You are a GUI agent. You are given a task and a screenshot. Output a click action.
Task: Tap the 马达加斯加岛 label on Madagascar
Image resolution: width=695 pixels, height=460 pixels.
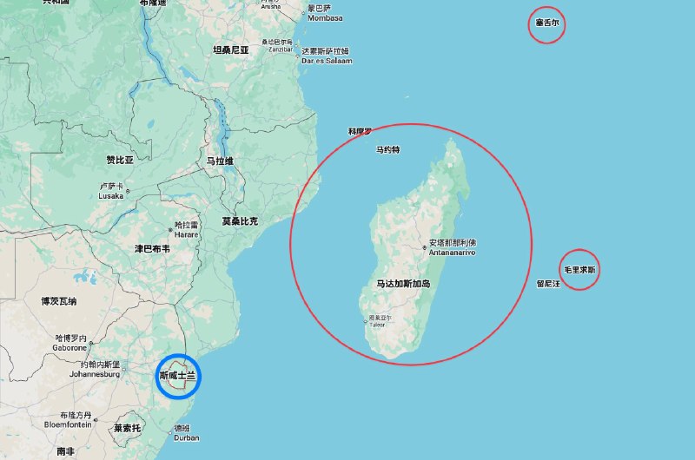(x=403, y=284)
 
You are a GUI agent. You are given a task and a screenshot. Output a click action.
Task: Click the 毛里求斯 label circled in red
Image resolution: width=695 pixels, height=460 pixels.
(x=579, y=270)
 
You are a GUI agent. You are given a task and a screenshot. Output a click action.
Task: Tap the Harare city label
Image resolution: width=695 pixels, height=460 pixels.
(x=186, y=234)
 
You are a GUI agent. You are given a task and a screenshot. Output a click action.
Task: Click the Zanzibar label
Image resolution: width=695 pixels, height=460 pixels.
(x=280, y=50)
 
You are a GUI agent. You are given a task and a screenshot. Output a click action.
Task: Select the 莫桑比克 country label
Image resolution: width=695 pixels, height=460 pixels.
(x=239, y=221)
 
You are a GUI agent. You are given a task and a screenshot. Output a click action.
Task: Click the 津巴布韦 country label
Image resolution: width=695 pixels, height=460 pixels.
(x=152, y=248)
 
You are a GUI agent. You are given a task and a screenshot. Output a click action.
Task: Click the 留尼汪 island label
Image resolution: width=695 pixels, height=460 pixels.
(x=548, y=283)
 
